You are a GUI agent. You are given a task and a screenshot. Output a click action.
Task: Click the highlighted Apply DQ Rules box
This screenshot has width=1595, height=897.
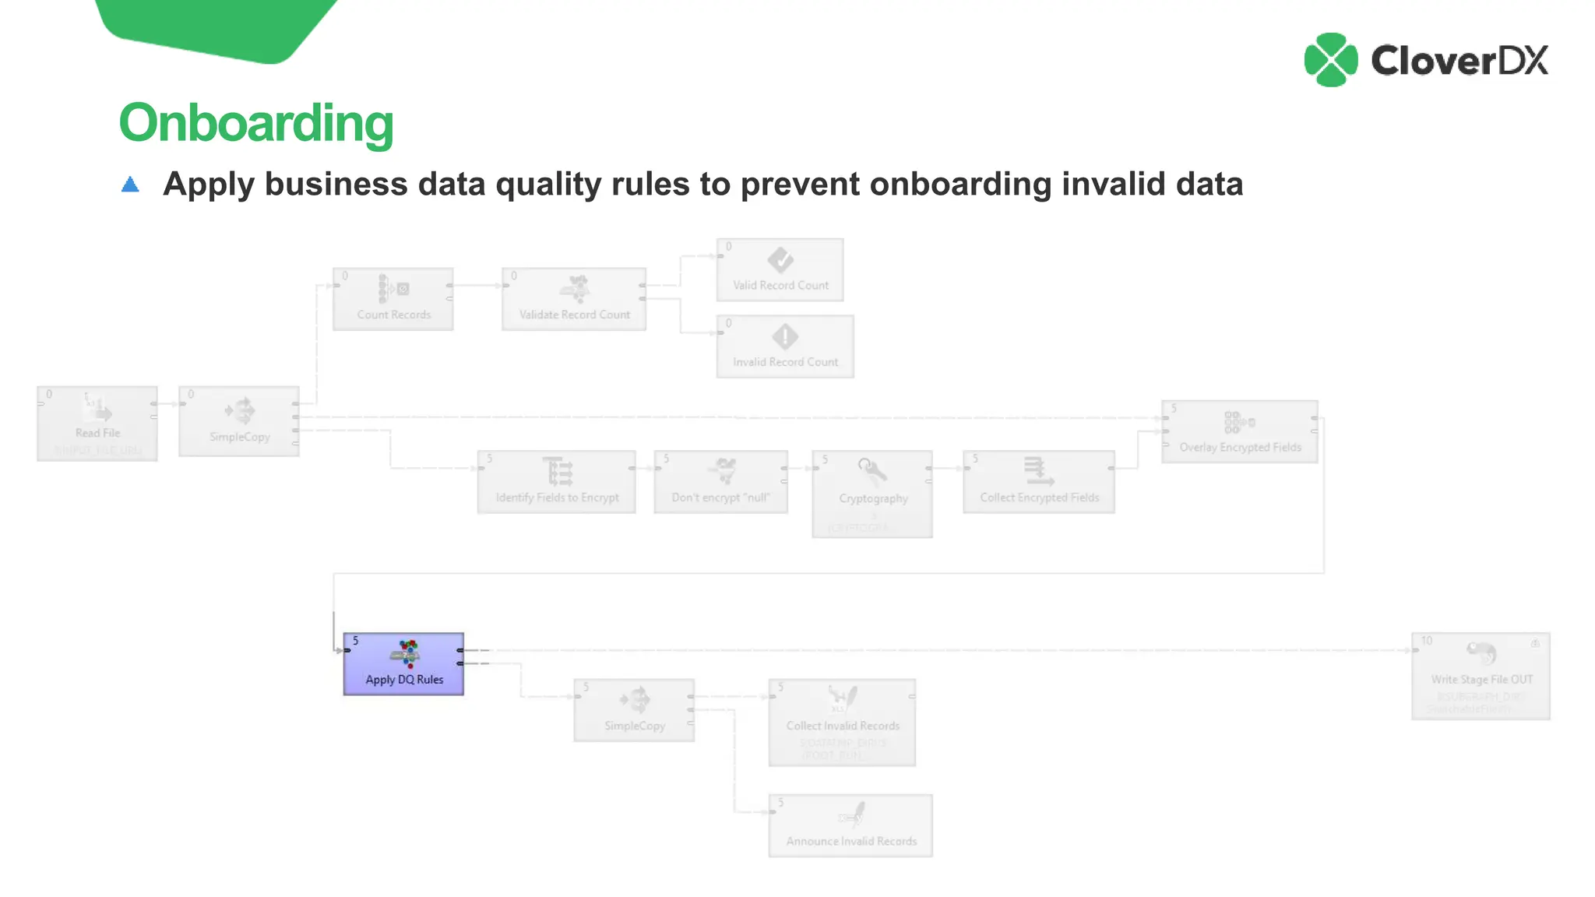403,663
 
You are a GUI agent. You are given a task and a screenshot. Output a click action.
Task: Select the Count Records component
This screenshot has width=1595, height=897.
393,299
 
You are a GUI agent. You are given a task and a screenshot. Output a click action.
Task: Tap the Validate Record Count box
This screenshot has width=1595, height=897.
574,299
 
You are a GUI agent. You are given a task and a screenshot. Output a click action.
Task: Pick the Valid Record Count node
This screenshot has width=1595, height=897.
780,269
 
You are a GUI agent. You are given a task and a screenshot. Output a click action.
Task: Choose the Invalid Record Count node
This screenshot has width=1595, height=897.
785,346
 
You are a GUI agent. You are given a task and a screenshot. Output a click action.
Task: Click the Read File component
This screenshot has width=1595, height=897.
97,423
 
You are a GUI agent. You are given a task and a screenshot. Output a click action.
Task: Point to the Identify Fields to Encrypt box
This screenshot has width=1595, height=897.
557,481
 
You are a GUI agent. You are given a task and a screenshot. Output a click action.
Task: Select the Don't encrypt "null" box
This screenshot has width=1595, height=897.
720,481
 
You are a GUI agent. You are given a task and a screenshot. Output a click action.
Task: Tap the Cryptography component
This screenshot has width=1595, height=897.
872,493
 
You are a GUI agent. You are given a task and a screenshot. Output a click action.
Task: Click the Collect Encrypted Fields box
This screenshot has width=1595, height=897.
1039,481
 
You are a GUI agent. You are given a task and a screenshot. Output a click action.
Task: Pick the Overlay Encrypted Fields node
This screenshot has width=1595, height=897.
1240,431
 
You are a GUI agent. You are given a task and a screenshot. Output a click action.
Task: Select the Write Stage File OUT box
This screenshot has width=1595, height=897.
1481,675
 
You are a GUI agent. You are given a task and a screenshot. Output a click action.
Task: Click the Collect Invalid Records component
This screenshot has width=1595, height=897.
842,722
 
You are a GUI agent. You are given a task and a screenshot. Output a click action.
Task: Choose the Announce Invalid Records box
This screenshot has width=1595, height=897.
850,825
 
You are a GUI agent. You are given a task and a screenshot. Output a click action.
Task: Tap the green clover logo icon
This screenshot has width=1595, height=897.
1330,60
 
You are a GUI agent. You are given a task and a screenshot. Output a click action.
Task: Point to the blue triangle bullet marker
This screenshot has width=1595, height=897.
130,185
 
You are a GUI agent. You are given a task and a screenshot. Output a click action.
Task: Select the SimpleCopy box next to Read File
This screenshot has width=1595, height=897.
239,420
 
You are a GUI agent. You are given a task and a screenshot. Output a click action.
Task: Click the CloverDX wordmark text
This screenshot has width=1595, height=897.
1459,61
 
